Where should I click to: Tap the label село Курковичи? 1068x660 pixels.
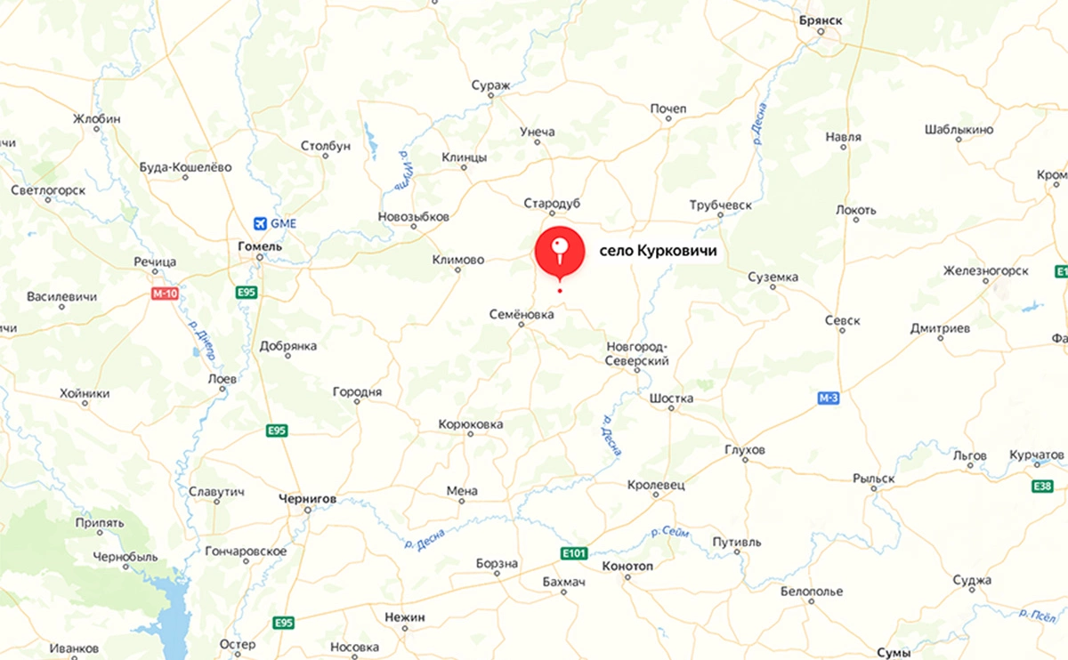(657, 253)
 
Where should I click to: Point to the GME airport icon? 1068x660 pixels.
(260, 222)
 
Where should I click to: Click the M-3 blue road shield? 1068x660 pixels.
(829, 398)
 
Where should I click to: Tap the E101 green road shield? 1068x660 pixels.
(574, 553)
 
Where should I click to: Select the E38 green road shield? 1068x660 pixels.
(1044, 486)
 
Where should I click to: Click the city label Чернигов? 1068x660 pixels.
(307, 499)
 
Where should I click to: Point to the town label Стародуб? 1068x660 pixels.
(552, 204)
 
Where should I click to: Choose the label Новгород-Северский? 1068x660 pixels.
(636, 353)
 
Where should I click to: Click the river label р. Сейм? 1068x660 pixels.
(670, 532)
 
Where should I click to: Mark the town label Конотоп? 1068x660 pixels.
(627, 567)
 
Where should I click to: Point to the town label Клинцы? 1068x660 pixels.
(465, 157)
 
